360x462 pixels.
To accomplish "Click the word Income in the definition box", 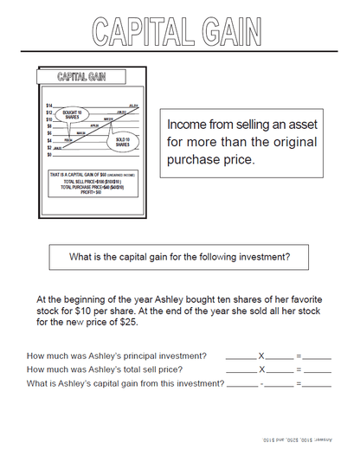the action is [x=188, y=125].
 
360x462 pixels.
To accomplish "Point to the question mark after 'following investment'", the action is [x=287, y=256].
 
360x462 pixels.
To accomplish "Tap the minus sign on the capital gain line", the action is [x=260, y=383].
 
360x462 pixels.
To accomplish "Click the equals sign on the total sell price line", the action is [x=299, y=369].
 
